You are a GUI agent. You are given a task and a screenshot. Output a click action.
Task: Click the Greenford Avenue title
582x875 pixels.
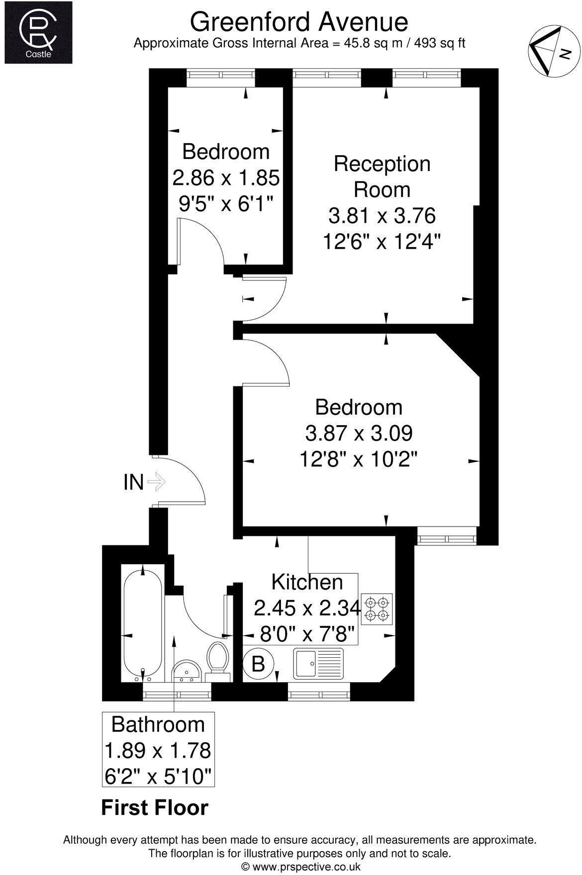pyautogui.click(x=299, y=22)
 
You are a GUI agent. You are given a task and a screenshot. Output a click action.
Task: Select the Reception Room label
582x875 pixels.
pyautogui.click(x=382, y=176)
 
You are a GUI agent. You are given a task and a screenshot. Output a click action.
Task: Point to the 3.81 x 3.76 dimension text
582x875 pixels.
pyautogui.click(x=382, y=216)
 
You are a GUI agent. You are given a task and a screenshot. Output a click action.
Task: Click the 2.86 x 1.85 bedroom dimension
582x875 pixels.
pyautogui.click(x=226, y=177)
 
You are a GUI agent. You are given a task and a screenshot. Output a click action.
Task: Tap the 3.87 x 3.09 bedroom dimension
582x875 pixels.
pyautogui.click(x=359, y=434)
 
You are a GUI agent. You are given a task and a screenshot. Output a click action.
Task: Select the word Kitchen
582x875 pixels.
pyautogui.click(x=307, y=582)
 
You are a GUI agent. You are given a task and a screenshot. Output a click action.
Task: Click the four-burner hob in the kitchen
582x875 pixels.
pyautogui.click(x=378, y=609)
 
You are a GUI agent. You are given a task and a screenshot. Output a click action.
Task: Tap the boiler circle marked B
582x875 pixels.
pyautogui.click(x=258, y=664)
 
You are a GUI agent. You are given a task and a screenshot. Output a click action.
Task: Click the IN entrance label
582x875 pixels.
pyautogui.click(x=133, y=482)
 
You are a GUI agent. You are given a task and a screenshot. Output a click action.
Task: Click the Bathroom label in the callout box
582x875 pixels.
pyautogui.click(x=158, y=724)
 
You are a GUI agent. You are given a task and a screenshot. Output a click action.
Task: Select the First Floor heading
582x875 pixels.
pyautogui.click(x=155, y=808)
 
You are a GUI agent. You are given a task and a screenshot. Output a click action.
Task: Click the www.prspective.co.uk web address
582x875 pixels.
pyautogui.click(x=305, y=867)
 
